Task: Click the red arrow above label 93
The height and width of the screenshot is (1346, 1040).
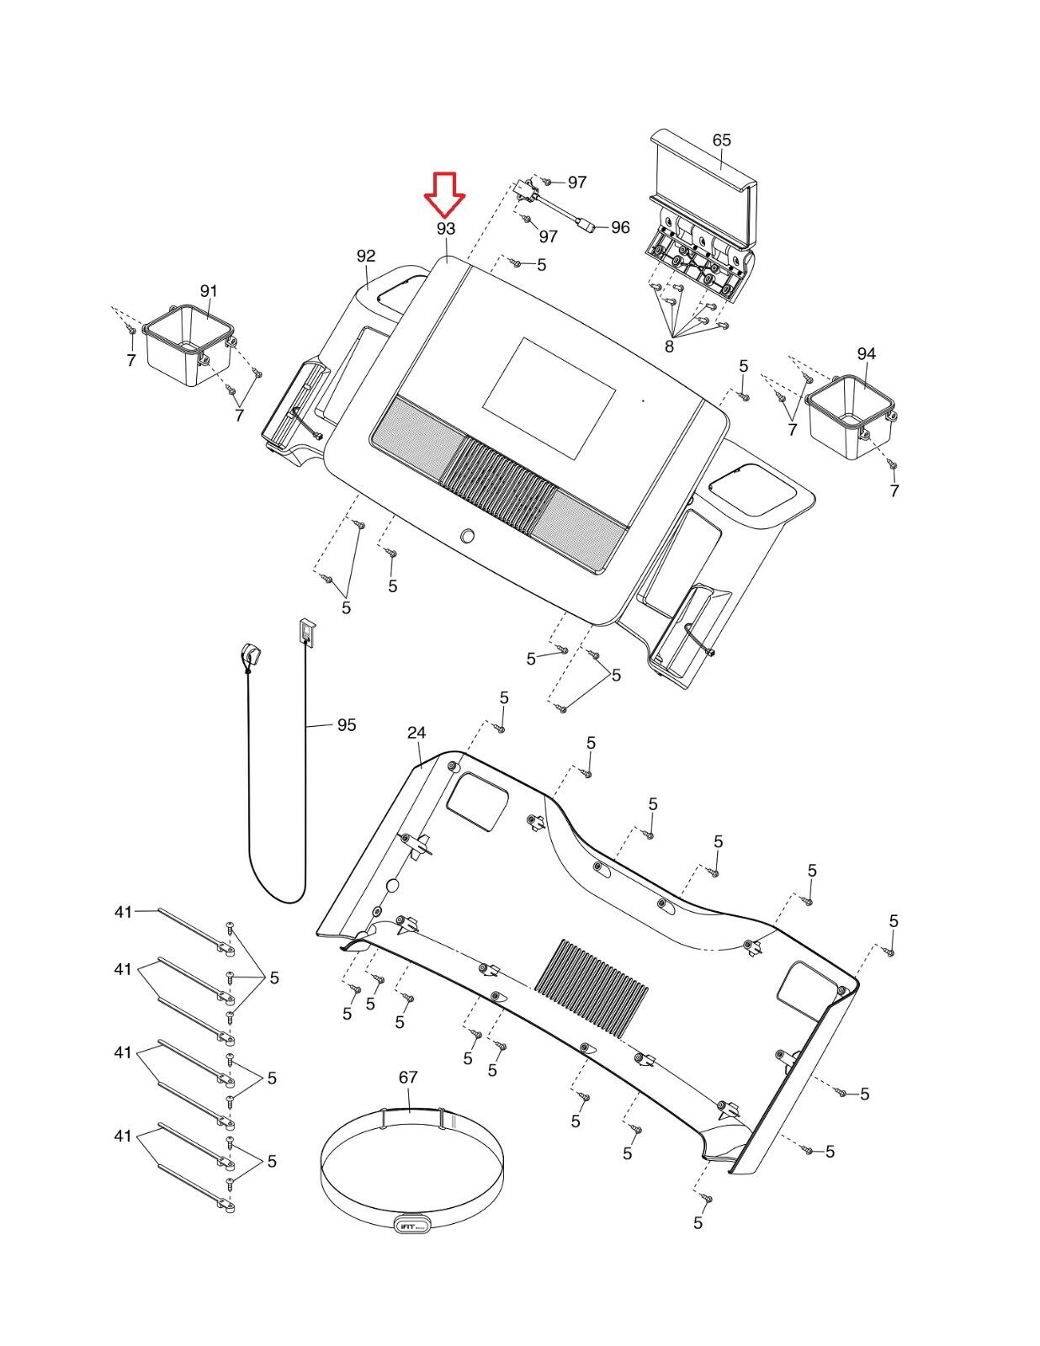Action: point(444,193)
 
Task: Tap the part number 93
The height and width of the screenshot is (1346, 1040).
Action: point(446,229)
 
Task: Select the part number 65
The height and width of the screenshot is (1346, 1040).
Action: point(722,140)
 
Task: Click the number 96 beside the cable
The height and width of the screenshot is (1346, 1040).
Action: point(620,227)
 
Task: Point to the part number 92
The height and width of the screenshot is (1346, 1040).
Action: point(366,256)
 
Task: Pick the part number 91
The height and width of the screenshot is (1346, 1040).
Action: point(209,291)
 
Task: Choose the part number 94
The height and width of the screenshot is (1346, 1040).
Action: point(867,353)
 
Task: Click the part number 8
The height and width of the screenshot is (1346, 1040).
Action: point(669,347)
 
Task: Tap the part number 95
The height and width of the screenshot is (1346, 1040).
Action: point(347,724)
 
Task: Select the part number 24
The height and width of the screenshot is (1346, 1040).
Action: point(417,733)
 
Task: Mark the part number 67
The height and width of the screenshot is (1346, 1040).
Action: point(408,1077)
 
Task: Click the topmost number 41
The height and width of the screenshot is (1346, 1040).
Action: point(123,912)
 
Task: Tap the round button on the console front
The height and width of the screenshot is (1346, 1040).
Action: point(469,535)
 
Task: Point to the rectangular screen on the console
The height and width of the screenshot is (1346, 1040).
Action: point(549,398)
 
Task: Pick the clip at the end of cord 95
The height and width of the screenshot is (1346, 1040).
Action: point(250,654)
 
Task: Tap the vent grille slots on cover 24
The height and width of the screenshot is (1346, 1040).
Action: point(592,988)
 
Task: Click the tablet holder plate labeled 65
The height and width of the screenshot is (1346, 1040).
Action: point(703,217)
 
